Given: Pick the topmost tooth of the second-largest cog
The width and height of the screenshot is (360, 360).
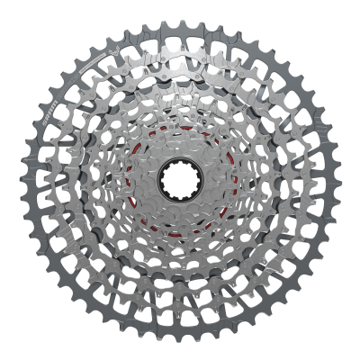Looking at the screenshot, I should [x=180, y=38].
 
